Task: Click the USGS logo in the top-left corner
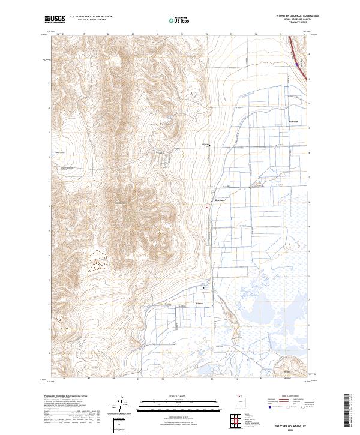pyautogui.click(x=55, y=19)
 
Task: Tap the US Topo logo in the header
pyautogui.click(x=174, y=19)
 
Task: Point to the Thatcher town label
pyautogui.click(x=218, y=200)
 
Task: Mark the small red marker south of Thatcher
pyautogui.click(x=207, y=208)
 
